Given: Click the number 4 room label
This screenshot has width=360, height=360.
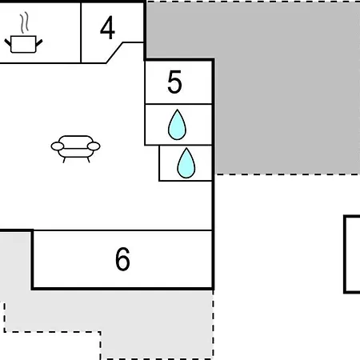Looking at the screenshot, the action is [x=107, y=27].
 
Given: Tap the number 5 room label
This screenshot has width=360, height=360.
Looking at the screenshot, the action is [x=175, y=82].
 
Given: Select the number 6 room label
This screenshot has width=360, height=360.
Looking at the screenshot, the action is [x=122, y=258].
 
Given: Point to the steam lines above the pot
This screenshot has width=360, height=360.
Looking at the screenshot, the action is [x=24, y=22].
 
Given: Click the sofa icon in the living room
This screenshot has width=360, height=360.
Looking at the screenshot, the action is [x=75, y=149].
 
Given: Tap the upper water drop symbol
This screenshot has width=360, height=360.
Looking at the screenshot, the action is [x=177, y=125].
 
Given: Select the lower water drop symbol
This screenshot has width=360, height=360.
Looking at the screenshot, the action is [x=186, y=163].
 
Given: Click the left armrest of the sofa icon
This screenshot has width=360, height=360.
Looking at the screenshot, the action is [x=58, y=146].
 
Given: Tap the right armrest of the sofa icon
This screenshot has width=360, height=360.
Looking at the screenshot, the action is [x=94, y=146].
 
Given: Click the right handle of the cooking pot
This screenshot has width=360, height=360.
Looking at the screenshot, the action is [x=39, y=42].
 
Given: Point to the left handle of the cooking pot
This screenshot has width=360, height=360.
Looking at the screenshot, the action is [x=8, y=42].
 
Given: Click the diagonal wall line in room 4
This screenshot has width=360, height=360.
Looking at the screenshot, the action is [x=114, y=53].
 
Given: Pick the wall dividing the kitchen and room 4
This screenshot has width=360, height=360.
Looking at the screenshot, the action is [x=81, y=33].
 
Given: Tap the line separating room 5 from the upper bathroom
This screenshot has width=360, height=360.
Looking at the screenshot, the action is [x=178, y=104].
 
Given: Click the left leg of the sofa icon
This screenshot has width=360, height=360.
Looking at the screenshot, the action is [x=64, y=160].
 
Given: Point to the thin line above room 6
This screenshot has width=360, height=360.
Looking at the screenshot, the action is [x=122, y=230].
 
